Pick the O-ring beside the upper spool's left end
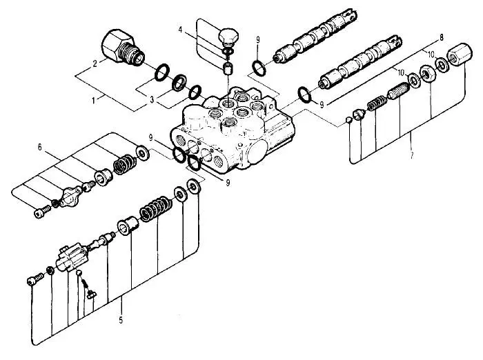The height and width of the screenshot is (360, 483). pyautogui.click(x=258, y=67)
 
